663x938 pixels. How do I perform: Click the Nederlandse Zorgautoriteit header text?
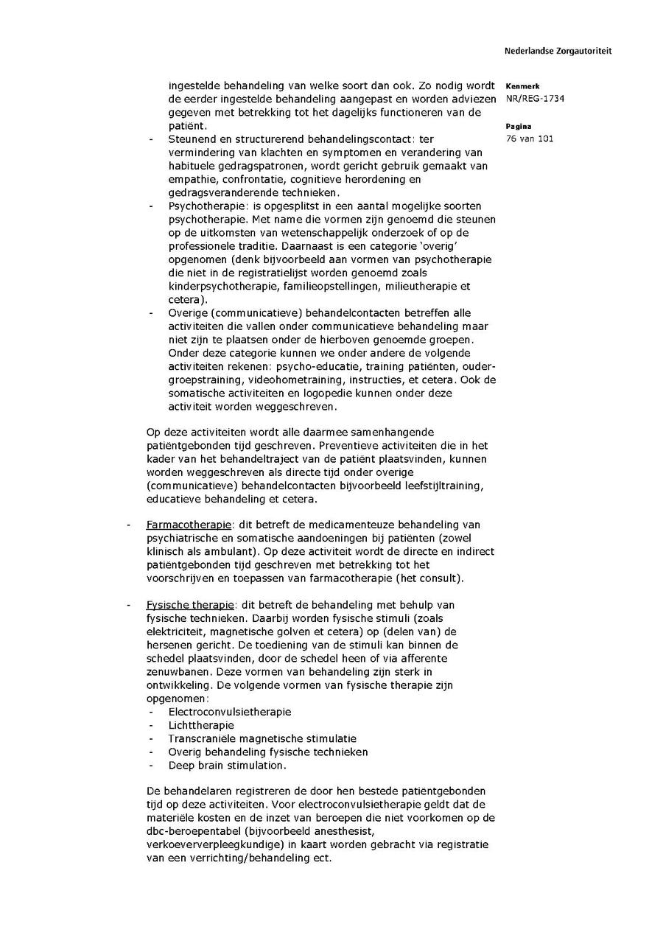558,52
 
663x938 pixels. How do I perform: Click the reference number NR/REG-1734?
536,99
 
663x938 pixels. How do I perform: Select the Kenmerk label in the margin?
522,86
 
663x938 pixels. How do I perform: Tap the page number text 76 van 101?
530,139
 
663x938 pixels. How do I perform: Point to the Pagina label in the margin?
519,126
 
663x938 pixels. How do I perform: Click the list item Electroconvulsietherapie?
230,712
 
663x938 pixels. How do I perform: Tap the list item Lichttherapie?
201,725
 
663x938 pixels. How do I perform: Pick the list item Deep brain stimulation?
227,765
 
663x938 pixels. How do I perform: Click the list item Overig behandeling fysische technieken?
268,752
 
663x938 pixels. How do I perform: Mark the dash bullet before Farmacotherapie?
129,525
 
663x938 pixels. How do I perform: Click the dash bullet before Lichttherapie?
152,725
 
